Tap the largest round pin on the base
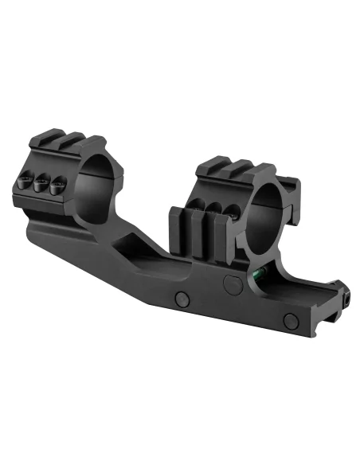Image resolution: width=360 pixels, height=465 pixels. click(233, 283)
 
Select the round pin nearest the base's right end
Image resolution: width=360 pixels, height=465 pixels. click(292, 321)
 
